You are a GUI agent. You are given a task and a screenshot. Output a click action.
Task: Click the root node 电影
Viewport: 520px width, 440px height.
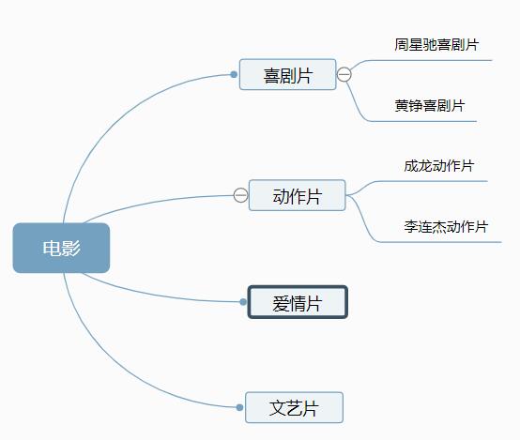click(x=61, y=248)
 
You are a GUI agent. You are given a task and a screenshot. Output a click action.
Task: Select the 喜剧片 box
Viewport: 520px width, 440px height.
click(x=288, y=74)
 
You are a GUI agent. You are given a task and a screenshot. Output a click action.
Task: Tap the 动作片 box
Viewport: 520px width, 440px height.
click(x=298, y=195)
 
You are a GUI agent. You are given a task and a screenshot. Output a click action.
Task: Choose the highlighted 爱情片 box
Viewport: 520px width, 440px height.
click(x=298, y=302)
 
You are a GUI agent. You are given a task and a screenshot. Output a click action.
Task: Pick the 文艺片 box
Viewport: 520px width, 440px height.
click(x=294, y=407)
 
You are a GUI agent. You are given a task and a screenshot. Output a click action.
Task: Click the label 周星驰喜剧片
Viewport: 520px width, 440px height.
click(x=436, y=45)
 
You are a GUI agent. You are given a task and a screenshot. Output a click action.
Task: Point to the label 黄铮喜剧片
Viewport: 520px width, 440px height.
click(x=430, y=106)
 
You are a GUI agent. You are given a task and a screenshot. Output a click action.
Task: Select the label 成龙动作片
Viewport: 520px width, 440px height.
click(x=438, y=166)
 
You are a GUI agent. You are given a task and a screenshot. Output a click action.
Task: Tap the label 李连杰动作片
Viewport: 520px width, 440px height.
click(x=446, y=227)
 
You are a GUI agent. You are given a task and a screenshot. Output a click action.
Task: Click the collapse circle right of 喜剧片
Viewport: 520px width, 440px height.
click(x=344, y=74)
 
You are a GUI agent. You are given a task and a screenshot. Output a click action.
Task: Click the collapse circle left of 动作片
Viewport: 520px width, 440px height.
click(x=240, y=195)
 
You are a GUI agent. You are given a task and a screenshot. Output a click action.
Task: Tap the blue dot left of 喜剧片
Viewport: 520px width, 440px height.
click(x=234, y=74)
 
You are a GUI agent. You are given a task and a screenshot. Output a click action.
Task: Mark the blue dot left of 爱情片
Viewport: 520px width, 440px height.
click(x=243, y=302)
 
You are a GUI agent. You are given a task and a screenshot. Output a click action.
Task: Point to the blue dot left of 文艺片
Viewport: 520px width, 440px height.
click(x=239, y=407)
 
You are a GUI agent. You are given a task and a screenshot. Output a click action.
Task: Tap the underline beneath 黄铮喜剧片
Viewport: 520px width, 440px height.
click(x=422, y=121)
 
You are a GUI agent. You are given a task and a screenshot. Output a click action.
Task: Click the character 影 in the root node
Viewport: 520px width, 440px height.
click(x=71, y=248)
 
